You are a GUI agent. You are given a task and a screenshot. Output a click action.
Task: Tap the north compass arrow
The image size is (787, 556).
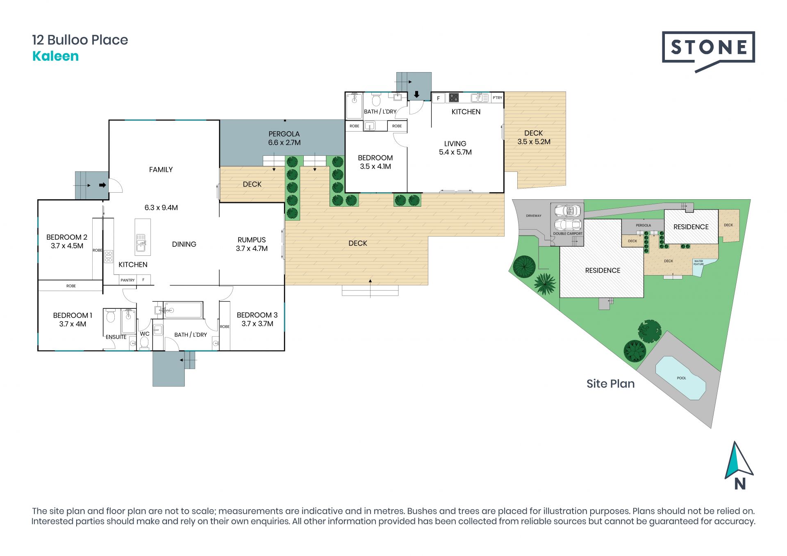[739, 460]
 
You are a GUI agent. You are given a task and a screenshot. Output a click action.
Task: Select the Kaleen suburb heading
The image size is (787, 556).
[55, 56]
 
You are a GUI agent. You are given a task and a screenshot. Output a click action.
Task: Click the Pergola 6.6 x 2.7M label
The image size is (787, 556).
[284, 138]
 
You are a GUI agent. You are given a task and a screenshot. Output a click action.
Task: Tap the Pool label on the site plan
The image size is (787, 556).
[681, 378]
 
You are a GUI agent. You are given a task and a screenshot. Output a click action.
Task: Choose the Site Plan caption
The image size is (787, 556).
[610, 384]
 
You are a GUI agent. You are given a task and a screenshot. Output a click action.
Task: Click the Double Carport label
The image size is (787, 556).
[568, 234]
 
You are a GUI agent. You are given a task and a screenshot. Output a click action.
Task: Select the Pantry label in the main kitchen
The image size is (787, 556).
[127, 280]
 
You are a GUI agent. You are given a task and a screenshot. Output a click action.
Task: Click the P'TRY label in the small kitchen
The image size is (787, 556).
[497, 98]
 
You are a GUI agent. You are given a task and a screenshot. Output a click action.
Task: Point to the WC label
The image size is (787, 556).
[145, 334]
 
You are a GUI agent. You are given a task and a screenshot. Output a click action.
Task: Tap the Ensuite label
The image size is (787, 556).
[116, 337]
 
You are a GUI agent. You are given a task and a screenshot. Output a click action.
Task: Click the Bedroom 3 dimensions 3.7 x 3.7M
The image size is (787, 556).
[257, 324]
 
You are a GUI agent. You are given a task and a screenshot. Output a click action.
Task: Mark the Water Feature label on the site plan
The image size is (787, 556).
[698, 262]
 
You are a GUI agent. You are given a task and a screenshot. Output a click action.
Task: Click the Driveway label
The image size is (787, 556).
[534, 216]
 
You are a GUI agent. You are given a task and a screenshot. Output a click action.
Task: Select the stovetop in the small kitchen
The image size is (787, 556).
[454, 98]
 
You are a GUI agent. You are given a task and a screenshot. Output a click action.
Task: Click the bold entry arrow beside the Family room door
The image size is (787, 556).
[102, 185]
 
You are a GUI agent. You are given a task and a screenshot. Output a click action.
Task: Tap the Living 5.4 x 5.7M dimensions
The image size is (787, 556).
[455, 152]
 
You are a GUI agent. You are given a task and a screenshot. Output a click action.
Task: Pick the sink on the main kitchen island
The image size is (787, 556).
[141, 242]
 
